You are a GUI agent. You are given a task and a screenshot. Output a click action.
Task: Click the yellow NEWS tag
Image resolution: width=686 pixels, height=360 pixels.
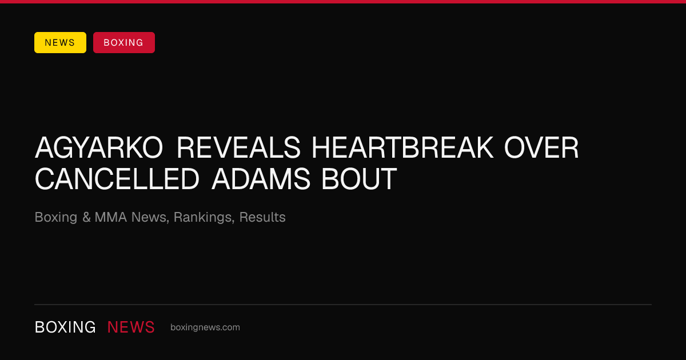tap(60, 42)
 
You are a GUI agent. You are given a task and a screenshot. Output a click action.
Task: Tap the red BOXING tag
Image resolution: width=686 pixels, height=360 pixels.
tap(124, 42)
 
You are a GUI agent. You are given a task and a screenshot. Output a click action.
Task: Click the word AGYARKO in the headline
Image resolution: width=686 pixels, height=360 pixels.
tap(99, 148)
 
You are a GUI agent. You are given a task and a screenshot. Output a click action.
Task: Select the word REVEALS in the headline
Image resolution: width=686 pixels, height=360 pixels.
tap(238, 148)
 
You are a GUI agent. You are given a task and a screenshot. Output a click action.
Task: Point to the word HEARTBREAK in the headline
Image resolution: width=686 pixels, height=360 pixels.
tap(402, 148)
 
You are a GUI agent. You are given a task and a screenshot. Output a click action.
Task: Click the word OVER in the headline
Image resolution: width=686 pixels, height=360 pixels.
tap(541, 148)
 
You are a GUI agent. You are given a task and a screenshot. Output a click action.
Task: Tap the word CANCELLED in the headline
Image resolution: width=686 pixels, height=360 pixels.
tap(117, 179)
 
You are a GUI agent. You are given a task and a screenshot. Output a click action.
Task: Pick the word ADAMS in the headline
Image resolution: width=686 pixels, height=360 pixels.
tap(261, 179)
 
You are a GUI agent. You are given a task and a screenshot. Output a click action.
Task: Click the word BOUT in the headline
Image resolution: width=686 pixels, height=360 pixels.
tap(359, 179)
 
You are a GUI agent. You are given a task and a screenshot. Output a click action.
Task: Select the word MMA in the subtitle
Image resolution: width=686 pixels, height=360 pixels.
tap(110, 217)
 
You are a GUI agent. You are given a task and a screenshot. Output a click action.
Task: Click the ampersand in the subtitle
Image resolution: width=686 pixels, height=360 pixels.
tap(86, 217)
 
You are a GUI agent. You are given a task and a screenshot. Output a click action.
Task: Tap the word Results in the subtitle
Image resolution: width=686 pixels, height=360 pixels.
tap(262, 217)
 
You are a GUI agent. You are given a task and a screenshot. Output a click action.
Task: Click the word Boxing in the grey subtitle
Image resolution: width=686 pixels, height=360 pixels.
tap(56, 218)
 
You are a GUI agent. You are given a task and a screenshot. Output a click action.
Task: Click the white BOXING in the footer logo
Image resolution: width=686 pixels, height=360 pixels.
tap(65, 327)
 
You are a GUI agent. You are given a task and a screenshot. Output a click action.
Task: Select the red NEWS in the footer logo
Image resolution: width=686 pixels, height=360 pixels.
tap(131, 327)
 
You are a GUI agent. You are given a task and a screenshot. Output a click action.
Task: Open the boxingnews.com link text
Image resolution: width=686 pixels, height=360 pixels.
tap(205, 327)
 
